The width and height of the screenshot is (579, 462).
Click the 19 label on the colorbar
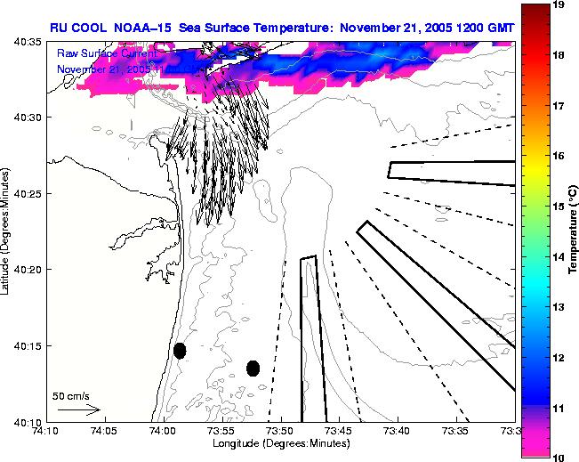click(x=559, y=5)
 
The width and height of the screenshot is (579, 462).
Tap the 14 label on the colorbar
click(x=559, y=256)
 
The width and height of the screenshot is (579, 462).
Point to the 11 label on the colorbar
click(x=559, y=407)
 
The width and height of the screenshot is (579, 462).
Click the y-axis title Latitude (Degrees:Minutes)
click(x=6, y=231)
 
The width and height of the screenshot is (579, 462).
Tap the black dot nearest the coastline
click(x=180, y=351)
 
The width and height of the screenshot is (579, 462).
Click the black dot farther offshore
click(x=253, y=368)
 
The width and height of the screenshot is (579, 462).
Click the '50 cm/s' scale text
click(x=70, y=396)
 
